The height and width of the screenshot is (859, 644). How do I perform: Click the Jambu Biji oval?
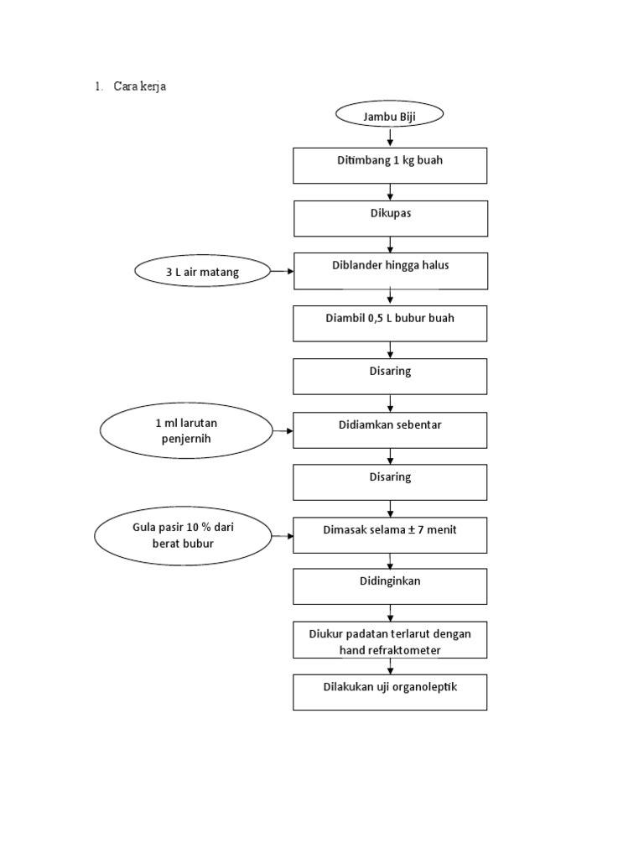(389, 116)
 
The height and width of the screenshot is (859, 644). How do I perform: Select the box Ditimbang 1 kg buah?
(389, 165)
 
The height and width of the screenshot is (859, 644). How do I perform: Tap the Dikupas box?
(390, 218)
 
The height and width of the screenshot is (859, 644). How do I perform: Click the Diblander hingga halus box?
(390, 271)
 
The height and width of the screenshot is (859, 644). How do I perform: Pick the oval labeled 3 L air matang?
(202, 271)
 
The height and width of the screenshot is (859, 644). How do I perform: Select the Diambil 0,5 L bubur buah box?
(390, 323)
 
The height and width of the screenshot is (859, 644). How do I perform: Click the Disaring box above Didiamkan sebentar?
(390, 376)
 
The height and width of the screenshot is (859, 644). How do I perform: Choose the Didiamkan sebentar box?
(390, 429)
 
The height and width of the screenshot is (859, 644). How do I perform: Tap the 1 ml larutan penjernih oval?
(186, 430)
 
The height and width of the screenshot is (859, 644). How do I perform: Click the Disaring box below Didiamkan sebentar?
(390, 482)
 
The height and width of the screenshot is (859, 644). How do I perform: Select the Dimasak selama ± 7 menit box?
(390, 534)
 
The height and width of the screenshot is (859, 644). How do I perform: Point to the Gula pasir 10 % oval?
(184, 535)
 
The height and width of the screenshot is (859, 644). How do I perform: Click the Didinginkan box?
(390, 586)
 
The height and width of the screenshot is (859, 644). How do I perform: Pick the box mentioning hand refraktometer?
(390, 641)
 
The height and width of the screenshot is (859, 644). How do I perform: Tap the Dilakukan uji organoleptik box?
(390, 692)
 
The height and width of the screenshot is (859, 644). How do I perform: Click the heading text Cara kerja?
(139, 86)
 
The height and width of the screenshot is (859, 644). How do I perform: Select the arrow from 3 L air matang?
(282, 271)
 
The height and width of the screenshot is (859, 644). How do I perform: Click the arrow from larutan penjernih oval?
(283, 430)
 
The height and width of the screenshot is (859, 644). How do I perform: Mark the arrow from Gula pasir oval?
(283, 535)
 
